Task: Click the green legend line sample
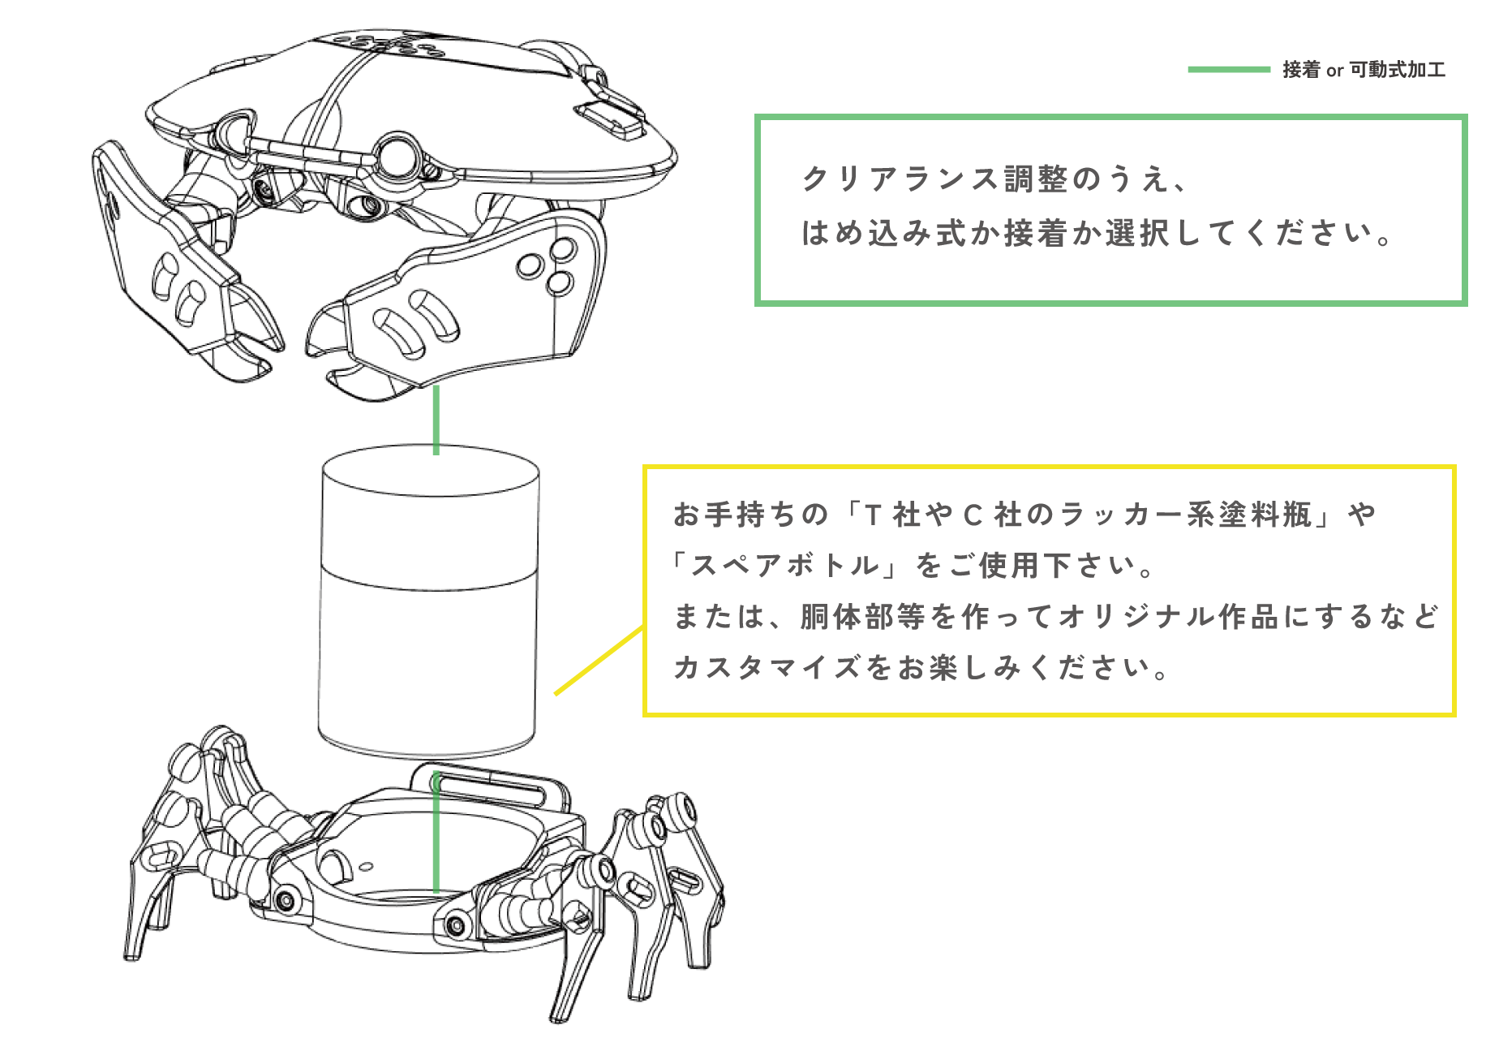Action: coord(1229,70)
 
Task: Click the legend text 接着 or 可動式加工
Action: coord(1364,70)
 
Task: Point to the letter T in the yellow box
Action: coord(873,515)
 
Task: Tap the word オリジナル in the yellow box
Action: coord(1137,617)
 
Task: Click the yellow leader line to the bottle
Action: coord(599,660)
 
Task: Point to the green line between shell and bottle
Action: coord(436,420)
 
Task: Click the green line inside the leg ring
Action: coord(436,832)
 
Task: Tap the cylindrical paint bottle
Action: coord(429,601)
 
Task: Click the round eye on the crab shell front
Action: coord(398,155)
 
